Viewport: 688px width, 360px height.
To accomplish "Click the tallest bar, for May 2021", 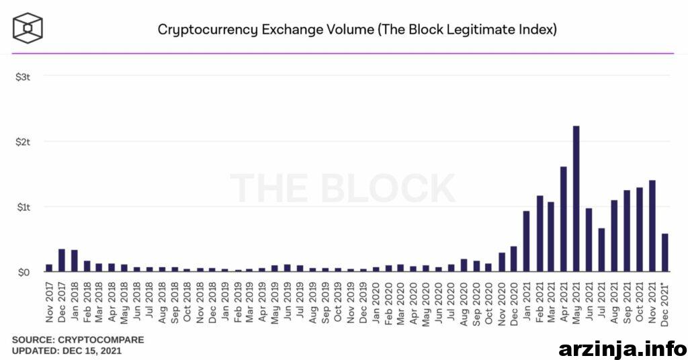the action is pyautogui.click(x=576, y=199).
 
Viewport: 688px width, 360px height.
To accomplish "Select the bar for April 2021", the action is pyautogui.click(x=564, y=219).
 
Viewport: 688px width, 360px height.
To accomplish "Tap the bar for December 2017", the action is pyautogui.click(x=62, y=261).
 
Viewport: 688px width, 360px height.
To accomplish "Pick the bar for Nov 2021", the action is pyautogui.click(x=652, y=226).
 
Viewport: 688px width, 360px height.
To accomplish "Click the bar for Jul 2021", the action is pyautogui.click(x=601, y=250).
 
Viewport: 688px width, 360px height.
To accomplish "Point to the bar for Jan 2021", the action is pyautogui.click(x=526, y=241).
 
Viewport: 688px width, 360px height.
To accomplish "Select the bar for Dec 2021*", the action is pyautogui.click(x=664, y=253).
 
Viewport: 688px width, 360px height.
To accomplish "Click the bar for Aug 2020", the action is pyautogui.click(x=464, y=265).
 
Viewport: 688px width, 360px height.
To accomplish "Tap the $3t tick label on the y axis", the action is pyautogui.click(x=23, y=77).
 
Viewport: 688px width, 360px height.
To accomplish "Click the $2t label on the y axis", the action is pyautogui.click(x=23, y=142).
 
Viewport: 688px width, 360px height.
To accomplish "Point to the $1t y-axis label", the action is pyautogui.click(x=24, y=207).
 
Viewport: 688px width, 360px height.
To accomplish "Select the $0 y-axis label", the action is pyautogui.click(x=24, y=272).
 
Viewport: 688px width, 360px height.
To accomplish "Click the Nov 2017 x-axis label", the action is pyautogui.click(x=49, y=302).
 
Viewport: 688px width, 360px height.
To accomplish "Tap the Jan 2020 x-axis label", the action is pyautogui.click(x=376, y=302).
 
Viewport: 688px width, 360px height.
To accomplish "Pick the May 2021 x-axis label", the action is pyautogui.click(x=576, y=302).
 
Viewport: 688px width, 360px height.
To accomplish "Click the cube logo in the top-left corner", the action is pyautogui.click(x=28, y=28).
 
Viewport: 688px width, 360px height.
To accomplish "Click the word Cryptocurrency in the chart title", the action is pyautogui.click(x=208, y=30).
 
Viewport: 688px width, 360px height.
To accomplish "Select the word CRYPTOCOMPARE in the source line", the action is pyautogui.click(x=101, y=340).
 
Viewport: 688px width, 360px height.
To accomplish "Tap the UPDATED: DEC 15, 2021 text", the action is pyautogui.click(x=67, y=351).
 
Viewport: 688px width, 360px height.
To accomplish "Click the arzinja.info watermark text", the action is pyautogui.click(x=623, y=349).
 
